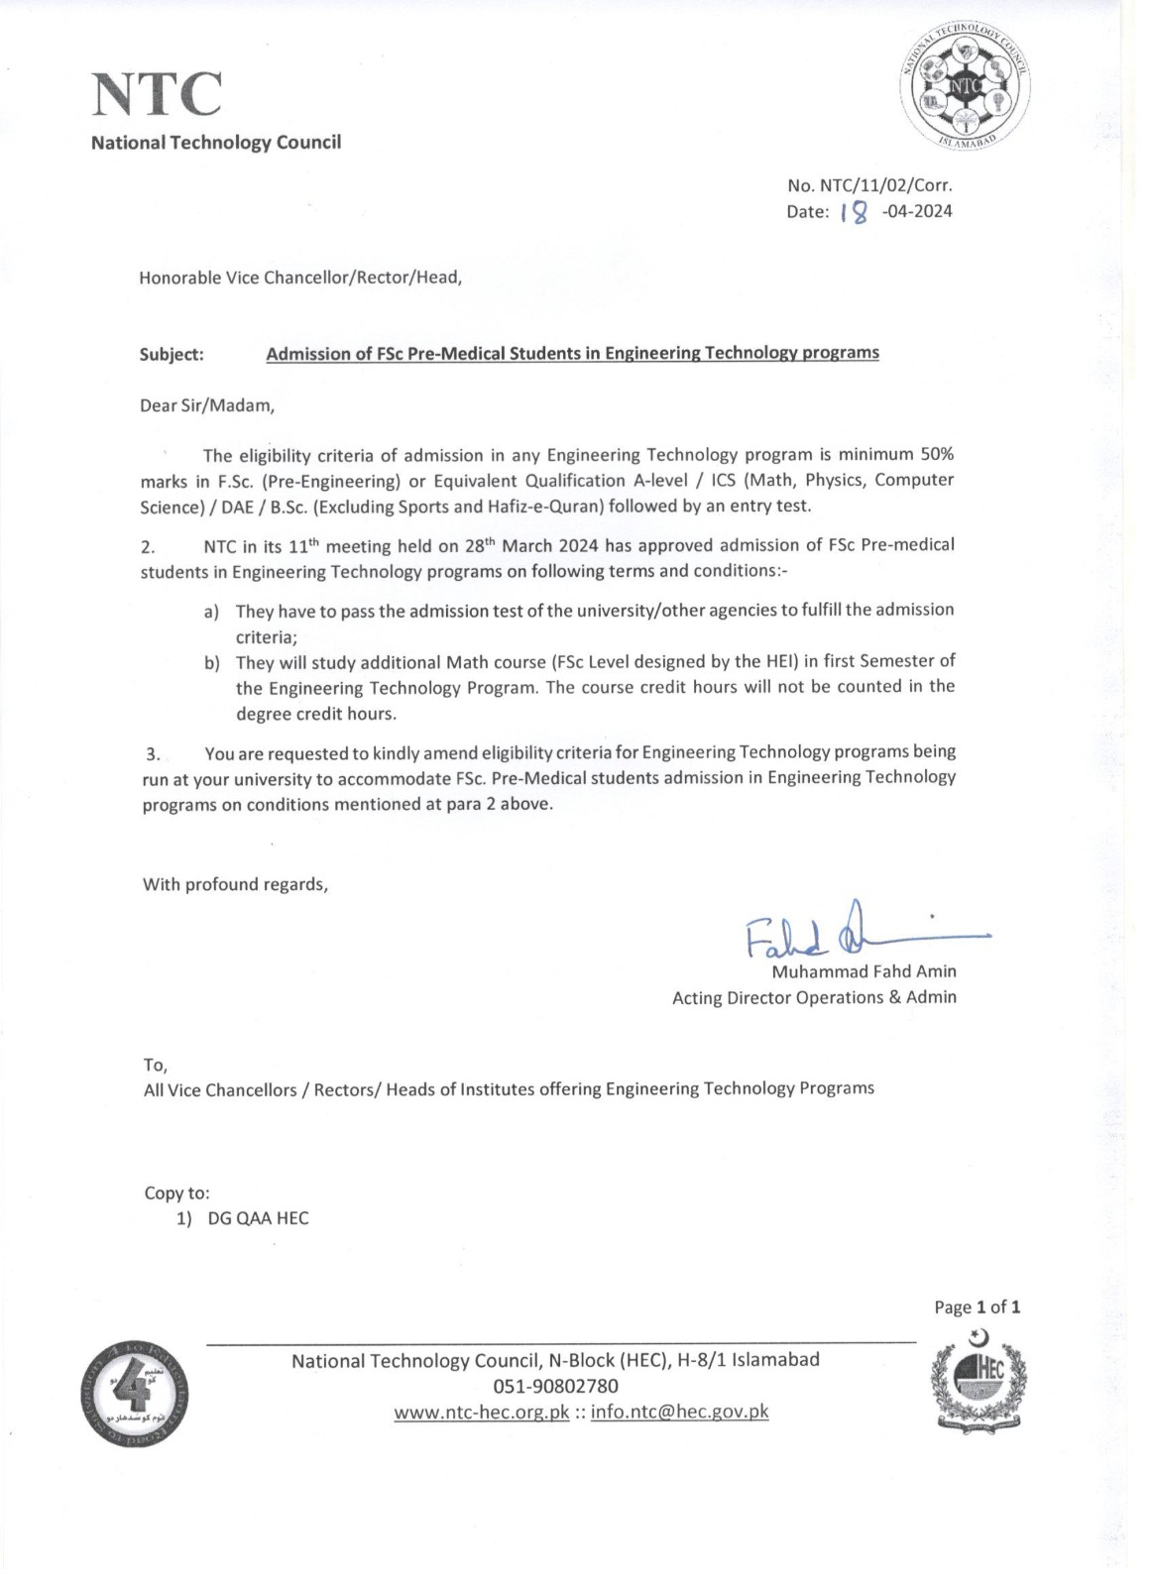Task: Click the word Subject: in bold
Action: click(172, 354)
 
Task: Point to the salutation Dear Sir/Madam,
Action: click(207, 405)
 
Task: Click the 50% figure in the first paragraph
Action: click(937, 455)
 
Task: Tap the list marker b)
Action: click(211, 662)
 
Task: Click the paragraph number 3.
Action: click(153, 753)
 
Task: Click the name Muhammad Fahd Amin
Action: click(864, 971)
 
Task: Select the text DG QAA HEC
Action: click(258, 1218)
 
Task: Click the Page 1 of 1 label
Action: click(977, 1307)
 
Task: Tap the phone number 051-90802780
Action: click(555, 1386)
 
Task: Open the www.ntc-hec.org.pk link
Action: click(481, 1412)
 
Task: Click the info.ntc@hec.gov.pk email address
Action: click(679, 1412)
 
